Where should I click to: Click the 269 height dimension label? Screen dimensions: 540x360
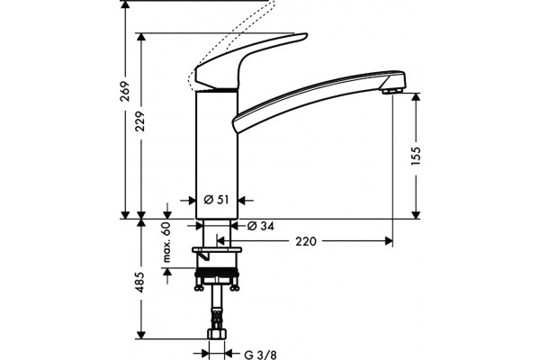[125, 91]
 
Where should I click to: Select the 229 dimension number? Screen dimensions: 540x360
[140, 121]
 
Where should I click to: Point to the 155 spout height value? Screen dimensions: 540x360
[416, 156]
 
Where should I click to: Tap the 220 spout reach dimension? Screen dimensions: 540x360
[305, 241]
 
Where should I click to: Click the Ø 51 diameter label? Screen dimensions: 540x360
[216, 200]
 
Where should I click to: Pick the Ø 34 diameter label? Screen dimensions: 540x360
[261, 226]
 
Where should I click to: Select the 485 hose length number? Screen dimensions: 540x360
[140, 283]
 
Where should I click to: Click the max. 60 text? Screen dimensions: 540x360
[166, 242]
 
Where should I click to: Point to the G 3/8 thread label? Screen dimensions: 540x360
[260, 355]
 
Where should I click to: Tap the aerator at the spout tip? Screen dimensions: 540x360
[391, 91]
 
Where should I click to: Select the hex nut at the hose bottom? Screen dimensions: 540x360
[217, 333]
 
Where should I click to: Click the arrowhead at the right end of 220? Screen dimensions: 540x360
[389, 241]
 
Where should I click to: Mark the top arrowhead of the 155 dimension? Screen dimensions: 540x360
[416, 97]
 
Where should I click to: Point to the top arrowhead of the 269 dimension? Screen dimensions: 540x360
[125, 4]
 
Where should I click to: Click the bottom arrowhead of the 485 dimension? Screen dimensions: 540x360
[140, 335]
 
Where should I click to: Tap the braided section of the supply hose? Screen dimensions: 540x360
[217, 319]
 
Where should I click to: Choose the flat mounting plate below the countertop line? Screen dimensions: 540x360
[217, 249]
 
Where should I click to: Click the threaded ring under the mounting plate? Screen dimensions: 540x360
[217, 273]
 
